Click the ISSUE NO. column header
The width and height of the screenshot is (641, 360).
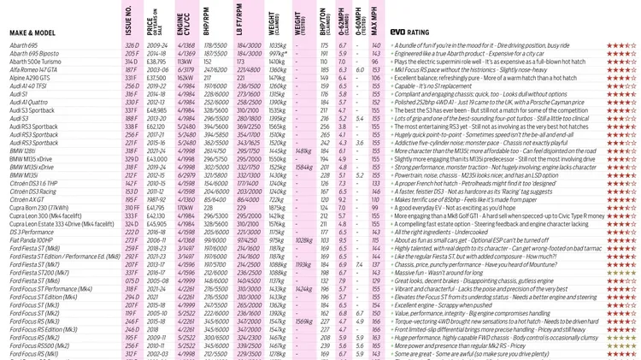pos(128,19)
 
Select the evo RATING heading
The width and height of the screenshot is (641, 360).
pos(414,31)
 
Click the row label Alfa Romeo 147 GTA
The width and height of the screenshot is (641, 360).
pos(39,69)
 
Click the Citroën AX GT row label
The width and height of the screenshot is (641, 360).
pos(30,199)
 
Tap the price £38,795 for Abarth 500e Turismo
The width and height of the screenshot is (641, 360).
pos(156,62)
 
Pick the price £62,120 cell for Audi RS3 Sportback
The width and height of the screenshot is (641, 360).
pos(157,126)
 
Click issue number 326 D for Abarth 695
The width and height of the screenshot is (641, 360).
pos(131,44)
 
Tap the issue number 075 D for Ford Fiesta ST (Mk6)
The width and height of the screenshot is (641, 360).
pos(131,280)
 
